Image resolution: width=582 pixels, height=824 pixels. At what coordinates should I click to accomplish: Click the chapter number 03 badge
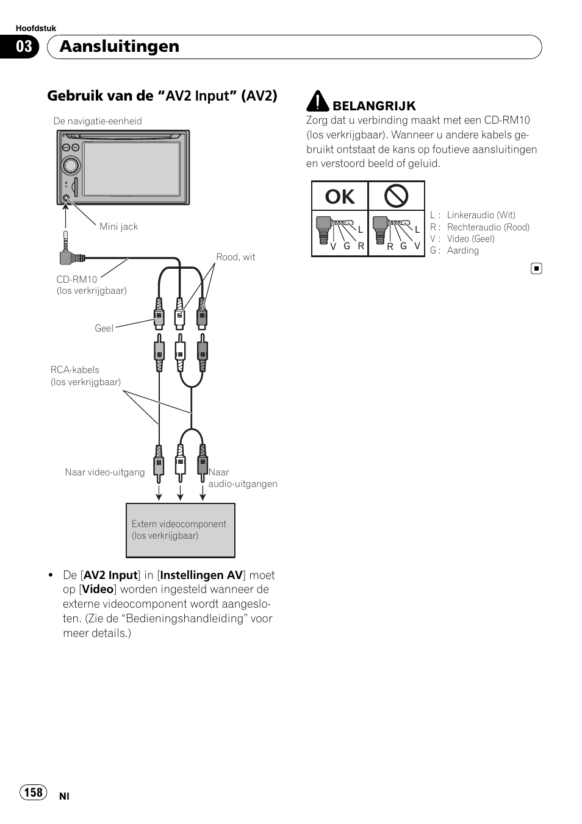click(24, 47)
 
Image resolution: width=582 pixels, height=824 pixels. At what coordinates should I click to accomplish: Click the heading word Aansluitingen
click(120, 46)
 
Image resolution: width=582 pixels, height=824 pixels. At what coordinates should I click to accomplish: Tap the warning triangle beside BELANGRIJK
click(317, 102)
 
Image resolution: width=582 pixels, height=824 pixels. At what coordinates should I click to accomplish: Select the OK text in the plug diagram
click(340, 196)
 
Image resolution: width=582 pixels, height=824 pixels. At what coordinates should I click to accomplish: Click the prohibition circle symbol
click(396, 196)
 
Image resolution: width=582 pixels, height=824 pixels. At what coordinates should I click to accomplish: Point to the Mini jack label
click(118, 227)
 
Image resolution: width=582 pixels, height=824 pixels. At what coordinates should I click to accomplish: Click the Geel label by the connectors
click(104, 329)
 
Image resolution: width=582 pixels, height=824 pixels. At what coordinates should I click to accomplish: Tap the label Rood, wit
click(235, 257)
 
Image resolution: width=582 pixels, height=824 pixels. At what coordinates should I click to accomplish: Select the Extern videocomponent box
click(180, 530)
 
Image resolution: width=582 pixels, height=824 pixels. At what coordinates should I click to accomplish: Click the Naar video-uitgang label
click(105, 472)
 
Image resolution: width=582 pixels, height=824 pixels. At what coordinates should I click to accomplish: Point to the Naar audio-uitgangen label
click(242, 478)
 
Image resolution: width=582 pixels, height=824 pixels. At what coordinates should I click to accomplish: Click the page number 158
click(34, 792)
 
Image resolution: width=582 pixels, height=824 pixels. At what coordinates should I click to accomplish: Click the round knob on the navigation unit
click(71, 165)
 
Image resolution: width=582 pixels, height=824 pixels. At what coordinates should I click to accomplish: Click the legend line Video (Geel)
click(470, 239)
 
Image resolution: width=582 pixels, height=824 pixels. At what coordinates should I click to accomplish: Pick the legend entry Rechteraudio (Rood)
click(487, 227)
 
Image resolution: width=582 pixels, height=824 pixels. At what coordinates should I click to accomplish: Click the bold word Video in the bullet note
click(98, 589)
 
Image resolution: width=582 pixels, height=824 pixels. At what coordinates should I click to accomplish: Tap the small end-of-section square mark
click(536, 268)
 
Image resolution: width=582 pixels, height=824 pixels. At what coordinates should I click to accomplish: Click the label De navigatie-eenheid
click(98, 121)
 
